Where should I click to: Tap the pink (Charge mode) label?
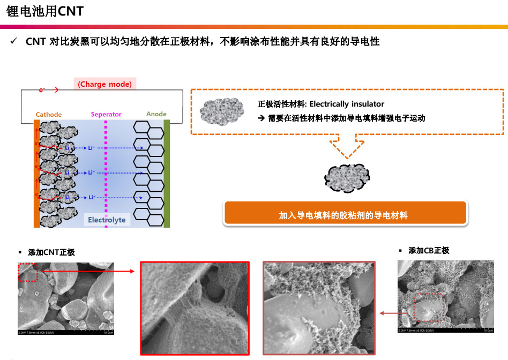(104, 84)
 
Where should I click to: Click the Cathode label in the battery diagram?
(49, 114)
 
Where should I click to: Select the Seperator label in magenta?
(106, 114)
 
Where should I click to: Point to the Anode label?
(156, 114)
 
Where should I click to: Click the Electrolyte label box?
(107, 220)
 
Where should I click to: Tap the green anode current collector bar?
(167, 173)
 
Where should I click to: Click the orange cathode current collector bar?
(36, 173)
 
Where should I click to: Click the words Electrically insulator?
(347, 104)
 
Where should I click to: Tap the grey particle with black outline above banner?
(347, 176)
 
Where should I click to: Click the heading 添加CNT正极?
(51, 252)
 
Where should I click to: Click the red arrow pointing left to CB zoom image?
(387, 313)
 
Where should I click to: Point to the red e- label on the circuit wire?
(42, 90)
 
